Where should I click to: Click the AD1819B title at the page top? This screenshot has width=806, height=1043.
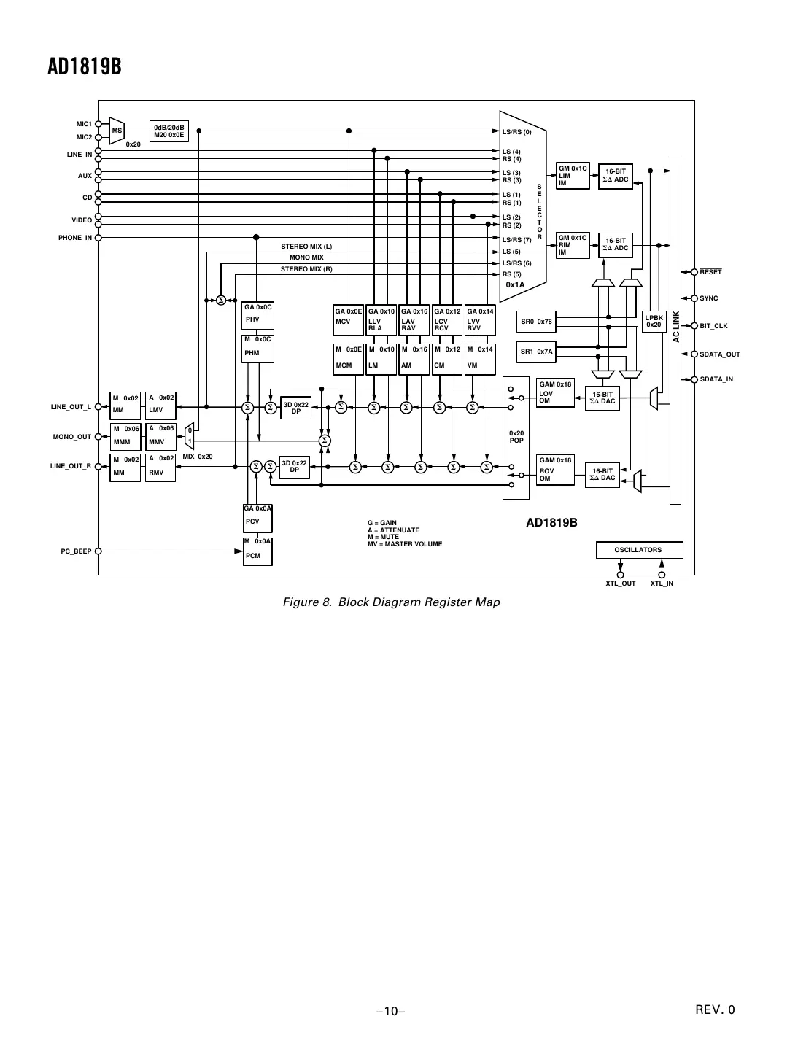(84, 67)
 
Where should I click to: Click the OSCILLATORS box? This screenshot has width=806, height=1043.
(638, 550)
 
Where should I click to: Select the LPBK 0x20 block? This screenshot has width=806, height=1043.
(654, 322)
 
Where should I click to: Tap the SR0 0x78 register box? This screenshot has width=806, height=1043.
(536, 322)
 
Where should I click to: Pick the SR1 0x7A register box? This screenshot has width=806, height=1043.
(536, 352)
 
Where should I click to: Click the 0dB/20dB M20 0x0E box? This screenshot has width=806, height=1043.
(168, 131)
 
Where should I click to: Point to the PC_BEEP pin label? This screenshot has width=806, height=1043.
(76, 551)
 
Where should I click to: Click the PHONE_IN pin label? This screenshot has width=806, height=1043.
(75, 238)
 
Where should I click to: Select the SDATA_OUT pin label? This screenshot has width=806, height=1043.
(719, 354)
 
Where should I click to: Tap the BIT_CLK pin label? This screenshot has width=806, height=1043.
(713, 326)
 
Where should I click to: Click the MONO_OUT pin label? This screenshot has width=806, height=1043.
(72, 437)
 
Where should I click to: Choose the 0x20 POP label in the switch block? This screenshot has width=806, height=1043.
(516, 437)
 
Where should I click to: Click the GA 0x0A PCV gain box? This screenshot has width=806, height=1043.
(257, 518)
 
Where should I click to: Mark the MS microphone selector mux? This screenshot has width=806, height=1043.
(117, 131)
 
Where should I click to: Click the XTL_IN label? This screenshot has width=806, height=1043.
(662, 583)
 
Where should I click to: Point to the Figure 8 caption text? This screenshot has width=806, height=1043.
(391, 602)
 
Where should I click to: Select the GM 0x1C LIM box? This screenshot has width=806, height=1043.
(573, 176)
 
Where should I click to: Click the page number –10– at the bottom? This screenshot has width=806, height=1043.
(391, 1011)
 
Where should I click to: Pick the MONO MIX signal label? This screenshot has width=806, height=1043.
(306, 257)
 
